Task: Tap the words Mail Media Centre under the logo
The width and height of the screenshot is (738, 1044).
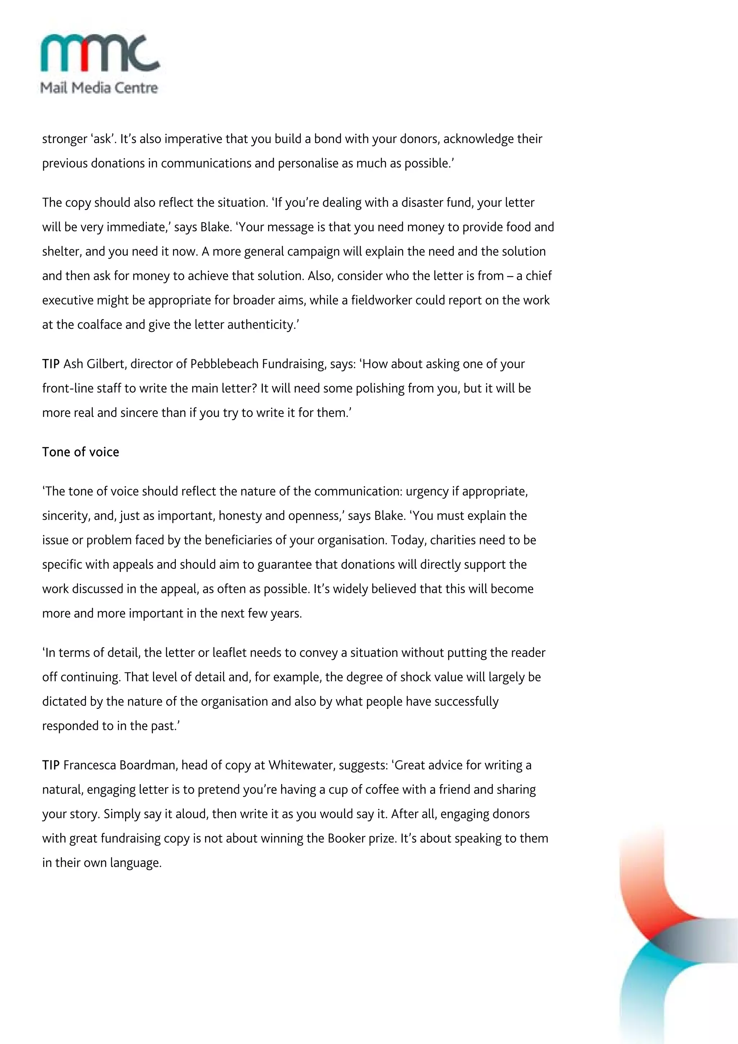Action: point(99,88)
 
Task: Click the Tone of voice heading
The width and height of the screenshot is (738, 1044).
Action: point(80,452)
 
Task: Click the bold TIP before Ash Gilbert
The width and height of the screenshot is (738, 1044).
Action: point(51,364)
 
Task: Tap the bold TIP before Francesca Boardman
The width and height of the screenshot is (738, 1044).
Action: point(51,765)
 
